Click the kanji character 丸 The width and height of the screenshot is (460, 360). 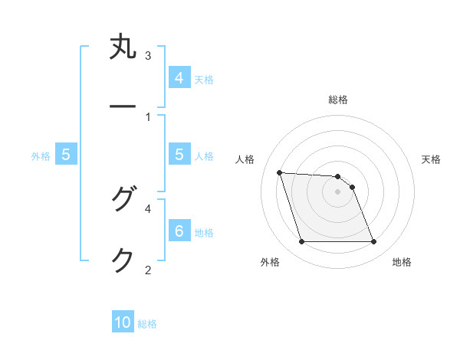pos(123,47)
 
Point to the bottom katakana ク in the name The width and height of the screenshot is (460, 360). pos(123,260)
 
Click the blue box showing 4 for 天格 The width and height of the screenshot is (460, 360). pos(179,78)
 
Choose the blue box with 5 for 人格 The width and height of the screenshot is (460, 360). pos(179,155)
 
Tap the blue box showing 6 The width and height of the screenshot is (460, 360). pos(179,231)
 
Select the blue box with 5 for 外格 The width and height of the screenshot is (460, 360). pos(66,155)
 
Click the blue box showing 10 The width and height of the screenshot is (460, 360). pos(123,322)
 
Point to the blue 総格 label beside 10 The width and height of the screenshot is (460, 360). pos(147,324)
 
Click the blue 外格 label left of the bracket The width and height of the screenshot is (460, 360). pos(41,156)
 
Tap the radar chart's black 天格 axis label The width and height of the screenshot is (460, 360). pos(432,159)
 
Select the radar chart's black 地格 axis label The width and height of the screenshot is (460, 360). pos(402,262)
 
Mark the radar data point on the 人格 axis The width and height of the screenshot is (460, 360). pos(279,172)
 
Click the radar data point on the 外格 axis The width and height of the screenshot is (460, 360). pos(301,242)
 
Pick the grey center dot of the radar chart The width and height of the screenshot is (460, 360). pos(337,191)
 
